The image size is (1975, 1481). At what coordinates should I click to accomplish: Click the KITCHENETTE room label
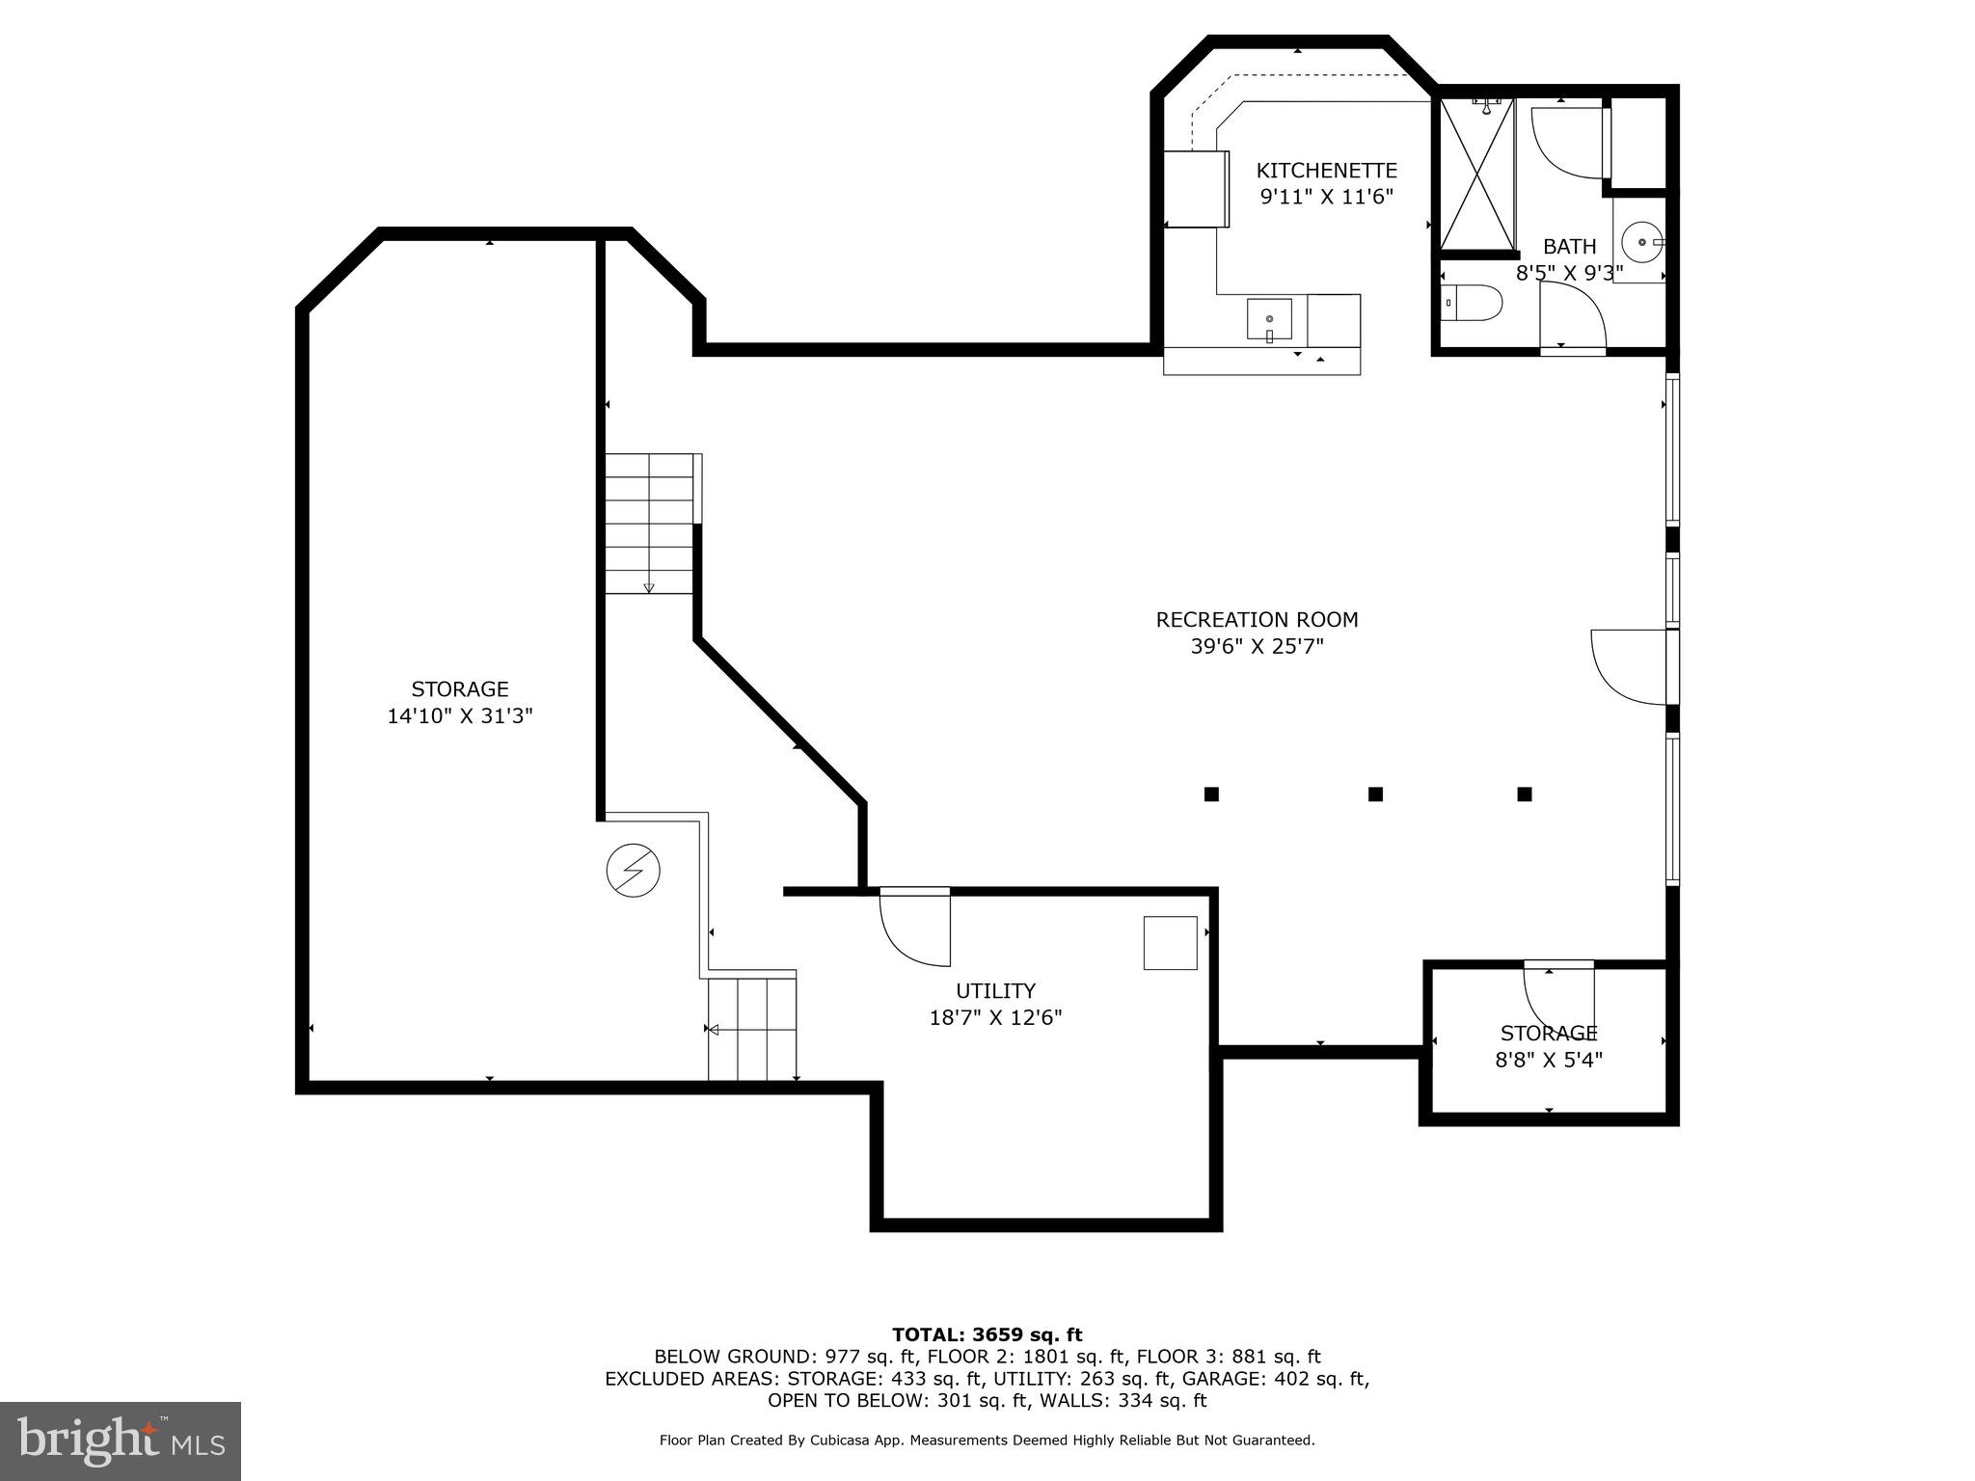tap(1326, 171)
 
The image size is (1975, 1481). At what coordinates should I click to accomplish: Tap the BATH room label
tap(1569, 247)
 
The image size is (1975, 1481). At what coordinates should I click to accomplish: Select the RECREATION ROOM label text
tap(1257, 620)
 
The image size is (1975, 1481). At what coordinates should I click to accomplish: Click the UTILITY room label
tap(995, 991)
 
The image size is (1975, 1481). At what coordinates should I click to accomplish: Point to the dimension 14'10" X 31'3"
tap(460, 716)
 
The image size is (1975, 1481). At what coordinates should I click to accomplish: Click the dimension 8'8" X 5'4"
tap(1549, 1060)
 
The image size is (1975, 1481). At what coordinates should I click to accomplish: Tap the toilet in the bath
tap(1473, 304)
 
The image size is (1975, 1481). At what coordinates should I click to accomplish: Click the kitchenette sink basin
tap(1269, 319)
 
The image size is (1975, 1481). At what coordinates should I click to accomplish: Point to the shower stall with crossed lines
tap(1475, 175)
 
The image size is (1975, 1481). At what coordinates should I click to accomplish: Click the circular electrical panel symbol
tap(633, 872)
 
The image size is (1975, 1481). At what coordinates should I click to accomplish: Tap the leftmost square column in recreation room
tap(1211, 794)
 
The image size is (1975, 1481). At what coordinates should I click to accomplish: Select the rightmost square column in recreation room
tap(1525, 794)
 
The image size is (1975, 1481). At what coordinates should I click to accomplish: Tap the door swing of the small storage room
tap(1556, 999)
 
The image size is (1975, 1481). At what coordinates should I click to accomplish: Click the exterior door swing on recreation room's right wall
tap(1629, 666)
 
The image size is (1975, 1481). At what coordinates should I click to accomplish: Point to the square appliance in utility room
tap(1170, 943)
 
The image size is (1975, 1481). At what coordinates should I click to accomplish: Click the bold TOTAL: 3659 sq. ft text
tap(987, 1335)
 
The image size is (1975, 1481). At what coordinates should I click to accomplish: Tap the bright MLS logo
tap(121, 1441)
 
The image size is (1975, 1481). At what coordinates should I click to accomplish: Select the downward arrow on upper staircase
tap(649, 586)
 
